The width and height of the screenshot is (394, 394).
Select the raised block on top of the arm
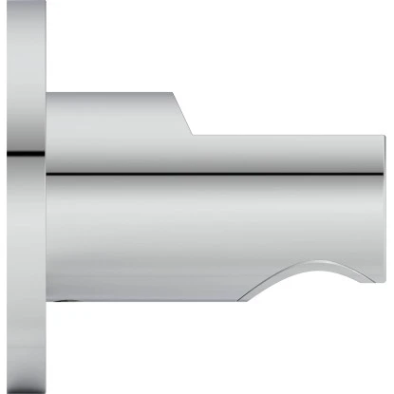(x=109, y=114)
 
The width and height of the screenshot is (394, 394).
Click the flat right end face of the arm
(x=384, y=209)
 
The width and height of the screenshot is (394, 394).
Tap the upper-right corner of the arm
(x=384, y=136)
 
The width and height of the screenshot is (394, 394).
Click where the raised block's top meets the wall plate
(x=47, y=93)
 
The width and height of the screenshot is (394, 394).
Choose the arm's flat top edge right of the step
(x=285, y=135)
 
